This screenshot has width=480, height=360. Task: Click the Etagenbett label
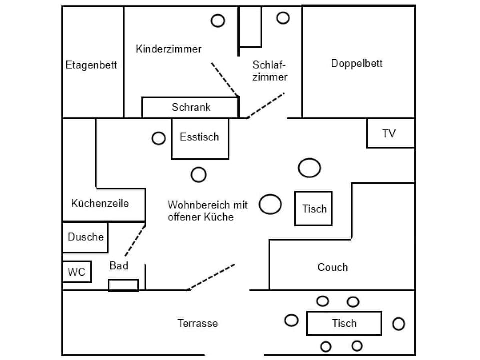(91, 65)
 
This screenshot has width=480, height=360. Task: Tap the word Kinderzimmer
(169, 49)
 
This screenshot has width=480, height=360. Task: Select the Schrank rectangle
(191, 107)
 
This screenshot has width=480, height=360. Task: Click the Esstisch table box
(200, 138)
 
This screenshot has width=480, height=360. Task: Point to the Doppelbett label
(357, 63)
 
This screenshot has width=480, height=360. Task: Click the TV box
(390, 133)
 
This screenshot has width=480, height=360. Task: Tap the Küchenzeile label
(100, 203)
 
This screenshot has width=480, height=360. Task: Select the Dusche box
(85, 237)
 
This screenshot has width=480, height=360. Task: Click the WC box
(77, 272)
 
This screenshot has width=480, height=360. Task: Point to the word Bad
(119, 266)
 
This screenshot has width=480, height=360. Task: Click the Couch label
(332, 267)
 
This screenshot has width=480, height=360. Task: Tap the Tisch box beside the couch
(314, 209)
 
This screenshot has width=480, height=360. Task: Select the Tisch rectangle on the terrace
(344, 323)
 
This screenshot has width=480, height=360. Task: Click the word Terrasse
(198, 323)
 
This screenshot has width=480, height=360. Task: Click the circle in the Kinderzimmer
(218, 21)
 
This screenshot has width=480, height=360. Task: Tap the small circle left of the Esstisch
(159, 138)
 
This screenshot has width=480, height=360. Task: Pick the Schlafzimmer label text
(270, 71)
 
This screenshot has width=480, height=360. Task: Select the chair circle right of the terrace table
(398, 324)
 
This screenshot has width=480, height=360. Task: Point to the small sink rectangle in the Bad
(123, 285)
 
